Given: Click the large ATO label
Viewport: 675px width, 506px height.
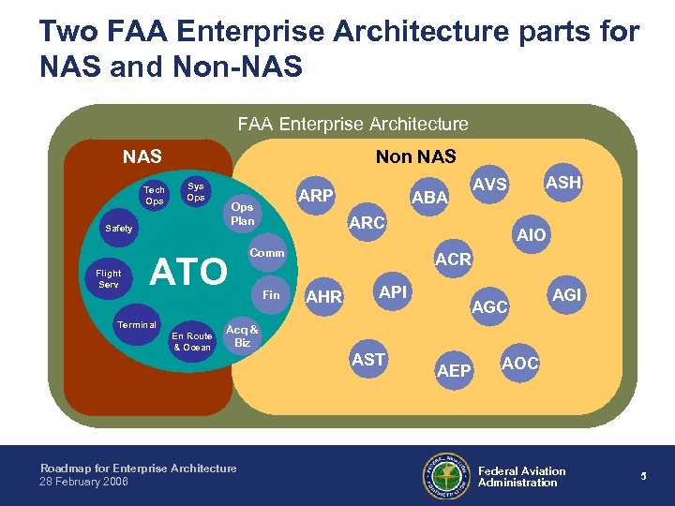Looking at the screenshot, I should pyautogui.click(x=189, y=272).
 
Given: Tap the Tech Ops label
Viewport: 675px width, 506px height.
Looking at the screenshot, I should pyautogui.click(x=154, y=196).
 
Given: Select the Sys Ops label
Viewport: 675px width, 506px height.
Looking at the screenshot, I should pyautogui.click(x=196, y=191).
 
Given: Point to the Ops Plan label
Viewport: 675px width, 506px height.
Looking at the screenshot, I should pyautogui.click(x=242, y=214).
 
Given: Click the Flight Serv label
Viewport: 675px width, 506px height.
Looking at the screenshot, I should pyautogui.click(x=109, y=279).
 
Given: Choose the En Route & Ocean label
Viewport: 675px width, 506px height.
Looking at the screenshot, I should pyautogui.click(x=191, y=342).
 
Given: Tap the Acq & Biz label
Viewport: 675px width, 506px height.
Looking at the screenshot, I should pyautogui.click(x=242, y=336).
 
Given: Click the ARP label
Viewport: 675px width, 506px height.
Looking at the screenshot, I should pyautogui.click(x=315, y=196).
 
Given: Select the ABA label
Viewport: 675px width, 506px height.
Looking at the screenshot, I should pyautogui.click(x=430, y=198).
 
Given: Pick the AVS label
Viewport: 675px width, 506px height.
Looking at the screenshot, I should pyautogui.click(x=489, y=186).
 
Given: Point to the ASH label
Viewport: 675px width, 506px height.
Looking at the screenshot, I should pyautogui.click(x=563, y=183).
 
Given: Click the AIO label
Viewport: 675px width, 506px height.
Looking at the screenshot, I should pyautogui.click(x=531, y=235).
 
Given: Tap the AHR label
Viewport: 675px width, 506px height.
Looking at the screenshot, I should pyautogui.click(x=325, y=297).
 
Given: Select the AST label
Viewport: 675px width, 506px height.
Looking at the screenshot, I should pyautogui.click(x=368, y=360).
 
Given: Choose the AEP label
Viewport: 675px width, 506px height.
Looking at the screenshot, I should pyautogui.click(x=455, y=372).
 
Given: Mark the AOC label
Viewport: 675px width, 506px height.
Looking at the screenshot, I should pyautogui.click(x=520, y=363).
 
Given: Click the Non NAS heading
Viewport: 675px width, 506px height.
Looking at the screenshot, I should pyautogui.click(x=415, y=156).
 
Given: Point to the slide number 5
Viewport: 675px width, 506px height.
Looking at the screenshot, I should pyautogui.click(x=644, y=476).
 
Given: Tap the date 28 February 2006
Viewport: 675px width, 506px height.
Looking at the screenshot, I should pyautogui.click(x=84, y=482).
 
